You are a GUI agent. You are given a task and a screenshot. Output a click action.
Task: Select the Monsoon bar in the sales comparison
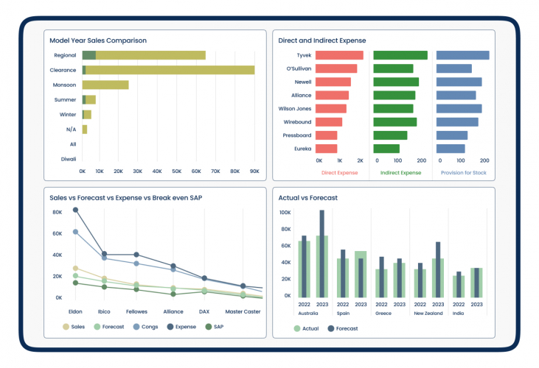coord(105,85)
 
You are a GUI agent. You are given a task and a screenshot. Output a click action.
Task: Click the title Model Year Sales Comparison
coord(97,40)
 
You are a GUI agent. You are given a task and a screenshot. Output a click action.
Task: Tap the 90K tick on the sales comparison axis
coord(254,171)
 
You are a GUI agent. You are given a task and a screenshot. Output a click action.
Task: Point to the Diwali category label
coord(69,159)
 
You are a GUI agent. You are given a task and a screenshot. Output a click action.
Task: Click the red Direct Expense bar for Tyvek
coord(339,55)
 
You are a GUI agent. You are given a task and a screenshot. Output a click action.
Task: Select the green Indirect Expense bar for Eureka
coord(386,149)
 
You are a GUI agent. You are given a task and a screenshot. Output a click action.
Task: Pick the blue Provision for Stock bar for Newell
coord(459,82)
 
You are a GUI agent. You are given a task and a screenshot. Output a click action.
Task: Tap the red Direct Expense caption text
coord(339,173)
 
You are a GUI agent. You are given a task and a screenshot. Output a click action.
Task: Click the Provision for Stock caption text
coord(463,173)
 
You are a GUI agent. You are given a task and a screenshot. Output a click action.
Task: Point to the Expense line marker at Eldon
coord(75,210)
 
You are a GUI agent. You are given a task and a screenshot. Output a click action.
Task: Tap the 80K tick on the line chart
coord(57,213)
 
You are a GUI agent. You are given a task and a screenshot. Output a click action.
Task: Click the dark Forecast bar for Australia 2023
coord(321,254)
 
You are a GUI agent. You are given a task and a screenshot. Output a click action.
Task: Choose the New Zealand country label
coord(428,313)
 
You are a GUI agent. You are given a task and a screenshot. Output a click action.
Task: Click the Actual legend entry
coord(305,328)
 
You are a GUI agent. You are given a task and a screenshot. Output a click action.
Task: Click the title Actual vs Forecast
coord(308,197)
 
